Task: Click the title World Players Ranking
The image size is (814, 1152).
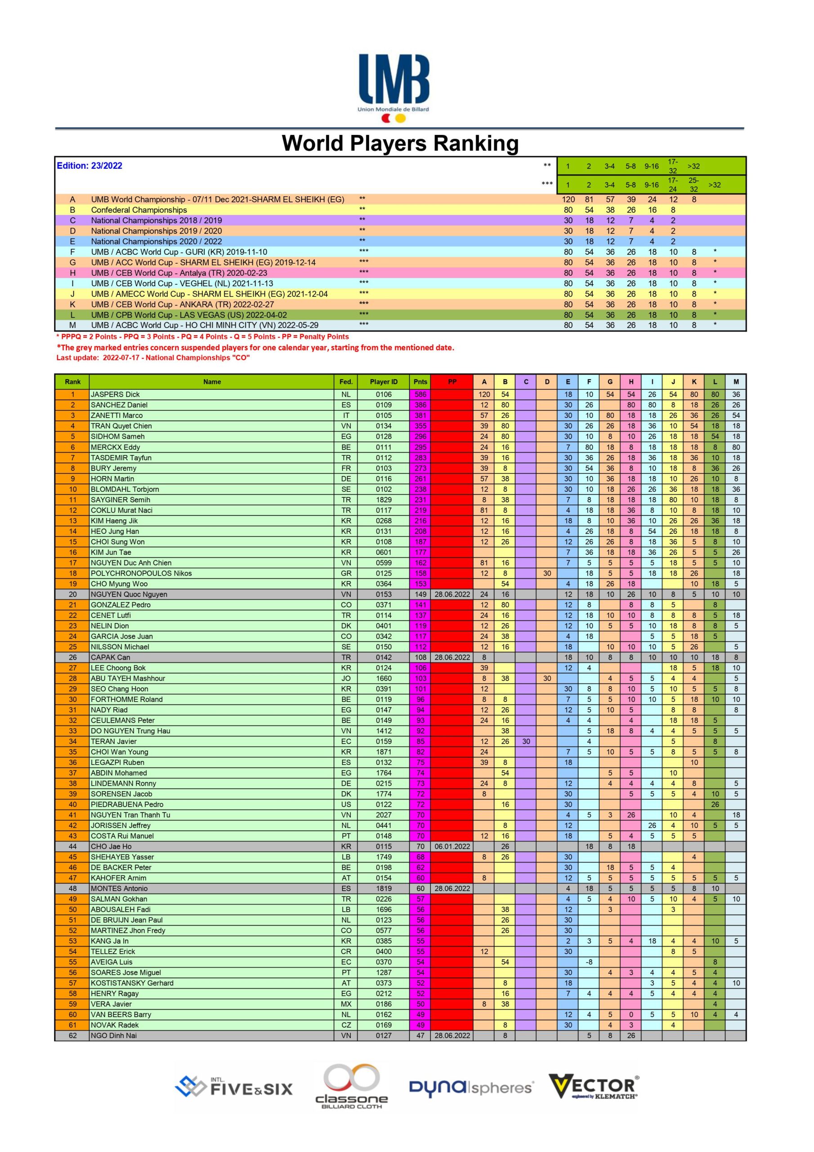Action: (x=400, y=143)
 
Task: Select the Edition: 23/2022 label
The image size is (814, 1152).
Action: (x=89, y=166)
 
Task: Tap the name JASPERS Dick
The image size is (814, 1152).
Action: (x=116, y=394)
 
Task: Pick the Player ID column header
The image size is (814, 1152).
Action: (x=384, y=382)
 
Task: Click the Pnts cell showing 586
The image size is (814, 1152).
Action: (x=420, y=394)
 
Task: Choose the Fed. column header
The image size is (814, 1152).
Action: (x=346, y=382)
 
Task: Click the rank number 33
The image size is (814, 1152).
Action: (x=73, y=731)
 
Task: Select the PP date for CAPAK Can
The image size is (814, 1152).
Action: (x=452, y=657)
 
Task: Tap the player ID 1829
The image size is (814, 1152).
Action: (x=384, y=500)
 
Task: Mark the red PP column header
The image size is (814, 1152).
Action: (x=452, y=382)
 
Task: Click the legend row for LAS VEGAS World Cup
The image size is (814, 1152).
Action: (x=188, y=315)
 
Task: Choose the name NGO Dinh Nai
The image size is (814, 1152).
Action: (x=113, y=1035)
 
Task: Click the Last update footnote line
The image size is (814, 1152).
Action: (x=153, y=358)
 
